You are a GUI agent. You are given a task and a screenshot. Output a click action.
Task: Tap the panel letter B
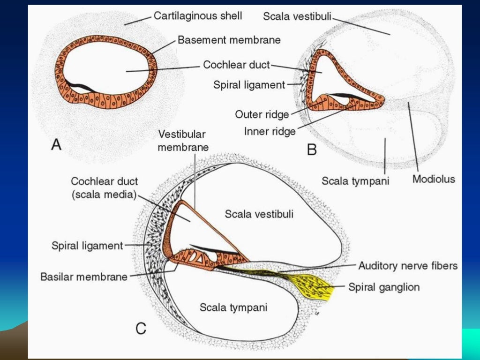[x=312, y=150]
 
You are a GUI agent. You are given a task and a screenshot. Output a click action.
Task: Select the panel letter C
[x=141, y=329]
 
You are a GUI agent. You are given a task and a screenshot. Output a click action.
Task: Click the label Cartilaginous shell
[x=198, y=16]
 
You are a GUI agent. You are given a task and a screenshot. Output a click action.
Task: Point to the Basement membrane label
[x=229, y=40]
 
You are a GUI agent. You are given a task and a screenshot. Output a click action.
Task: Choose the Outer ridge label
[x=262, y=114]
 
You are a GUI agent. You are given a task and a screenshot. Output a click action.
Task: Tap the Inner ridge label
[x=270, y=131]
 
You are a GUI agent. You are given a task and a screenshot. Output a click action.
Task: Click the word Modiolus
[x=434, y=179]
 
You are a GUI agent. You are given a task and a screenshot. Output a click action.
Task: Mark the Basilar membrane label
[x=84, y=277]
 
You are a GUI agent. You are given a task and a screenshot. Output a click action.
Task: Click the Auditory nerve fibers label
[x=408, y=266]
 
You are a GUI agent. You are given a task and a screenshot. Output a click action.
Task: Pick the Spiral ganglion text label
[x=384, y=287]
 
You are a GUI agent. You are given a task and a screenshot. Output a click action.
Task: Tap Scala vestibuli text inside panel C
[x=259, y=214]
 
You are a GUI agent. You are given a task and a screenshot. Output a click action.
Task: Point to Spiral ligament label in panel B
[x=249, y=85]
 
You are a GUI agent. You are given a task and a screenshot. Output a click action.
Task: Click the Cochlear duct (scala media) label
[x=105, y=188]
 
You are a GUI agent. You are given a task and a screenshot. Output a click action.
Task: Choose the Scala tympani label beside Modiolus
[x=355, y=180]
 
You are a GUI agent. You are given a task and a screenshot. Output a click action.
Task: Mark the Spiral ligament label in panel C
[x=87, y=245]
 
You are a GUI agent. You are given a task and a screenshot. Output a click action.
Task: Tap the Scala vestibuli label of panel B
[x=297, y=16]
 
